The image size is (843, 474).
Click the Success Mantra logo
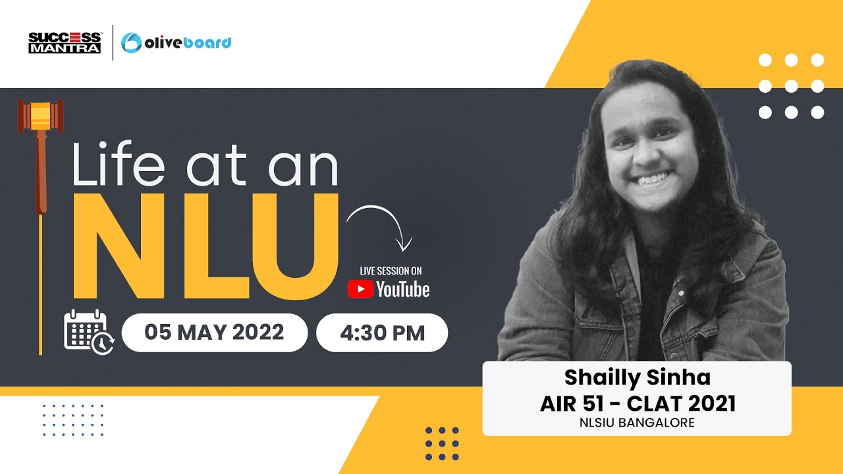[x=65, y=42]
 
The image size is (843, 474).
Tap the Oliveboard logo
[x=177, y=43]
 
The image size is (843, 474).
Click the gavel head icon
[x=40, y=115]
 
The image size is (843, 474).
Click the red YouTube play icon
[x=360, y=289]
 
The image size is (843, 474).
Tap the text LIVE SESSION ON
[x=391, y=271]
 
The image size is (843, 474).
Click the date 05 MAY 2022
[x=215, y=332]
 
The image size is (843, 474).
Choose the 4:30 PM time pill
[x=382, y=332]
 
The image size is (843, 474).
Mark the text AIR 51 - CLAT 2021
[x=638, y=403]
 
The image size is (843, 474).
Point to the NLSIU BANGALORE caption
[x=637, y=423]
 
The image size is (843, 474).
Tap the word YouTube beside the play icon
[x=402, y=289]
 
